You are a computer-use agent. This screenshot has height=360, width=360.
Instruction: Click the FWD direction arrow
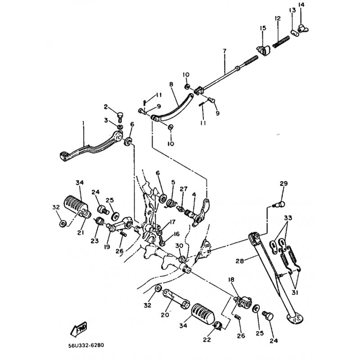click(x=78, y=329)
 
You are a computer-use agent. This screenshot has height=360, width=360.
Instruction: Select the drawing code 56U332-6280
click(x=86, y=345)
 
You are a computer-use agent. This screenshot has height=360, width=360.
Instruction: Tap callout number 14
click(x=301, y=4)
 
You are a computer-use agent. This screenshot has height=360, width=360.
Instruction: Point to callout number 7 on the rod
click(x=224, y=51)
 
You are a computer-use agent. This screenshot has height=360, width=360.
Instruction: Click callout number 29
click(x=283, y=184)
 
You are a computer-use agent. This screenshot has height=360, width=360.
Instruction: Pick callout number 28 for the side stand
click(x=240, y=261)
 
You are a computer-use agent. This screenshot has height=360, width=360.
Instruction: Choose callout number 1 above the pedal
click(x=83, y=123)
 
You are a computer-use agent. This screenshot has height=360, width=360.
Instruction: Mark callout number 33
click(x=288, y=217)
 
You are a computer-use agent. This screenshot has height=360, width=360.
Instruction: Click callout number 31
click(x=295, y=293)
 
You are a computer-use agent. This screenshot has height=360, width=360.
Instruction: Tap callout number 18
click(x=231, y=279)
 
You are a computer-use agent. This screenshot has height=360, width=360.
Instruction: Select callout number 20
click(x=165, y=315)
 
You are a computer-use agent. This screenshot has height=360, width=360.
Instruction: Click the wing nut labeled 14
click(x=303, y=29)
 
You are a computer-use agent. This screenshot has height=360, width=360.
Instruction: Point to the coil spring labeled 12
click(x=282, y=41)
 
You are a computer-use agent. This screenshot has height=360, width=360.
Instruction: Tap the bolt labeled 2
click(x=120, y=117)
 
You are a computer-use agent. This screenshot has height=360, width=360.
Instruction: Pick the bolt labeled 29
click(x=279, y=204)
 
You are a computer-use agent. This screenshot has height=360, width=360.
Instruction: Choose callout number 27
click(x=184, y=189)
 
